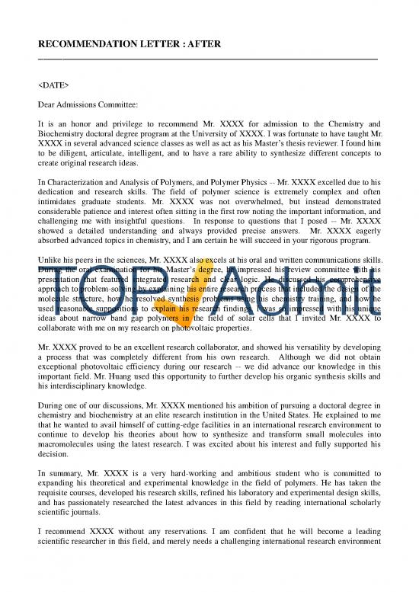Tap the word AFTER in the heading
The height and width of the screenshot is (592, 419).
200,44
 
